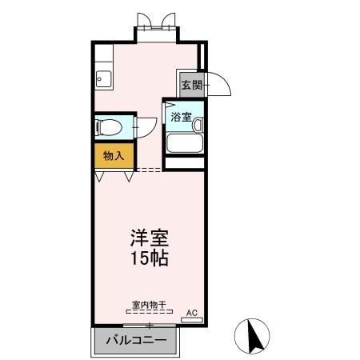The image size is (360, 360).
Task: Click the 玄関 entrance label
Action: [x=190, y=84]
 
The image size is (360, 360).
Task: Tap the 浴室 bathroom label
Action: [x=181, y=117]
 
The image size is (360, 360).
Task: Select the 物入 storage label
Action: [x=113, y=155]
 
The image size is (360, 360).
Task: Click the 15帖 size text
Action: [x=149, y=258]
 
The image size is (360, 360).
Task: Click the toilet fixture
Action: [x=107, y=126]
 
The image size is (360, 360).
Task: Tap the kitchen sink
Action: [x=102, y=79]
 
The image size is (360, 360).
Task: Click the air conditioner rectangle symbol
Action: [x=192, y=319]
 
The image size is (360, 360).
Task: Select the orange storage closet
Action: [x=113, y=155]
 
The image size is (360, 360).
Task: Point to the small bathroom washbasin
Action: [x=197, y=124]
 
